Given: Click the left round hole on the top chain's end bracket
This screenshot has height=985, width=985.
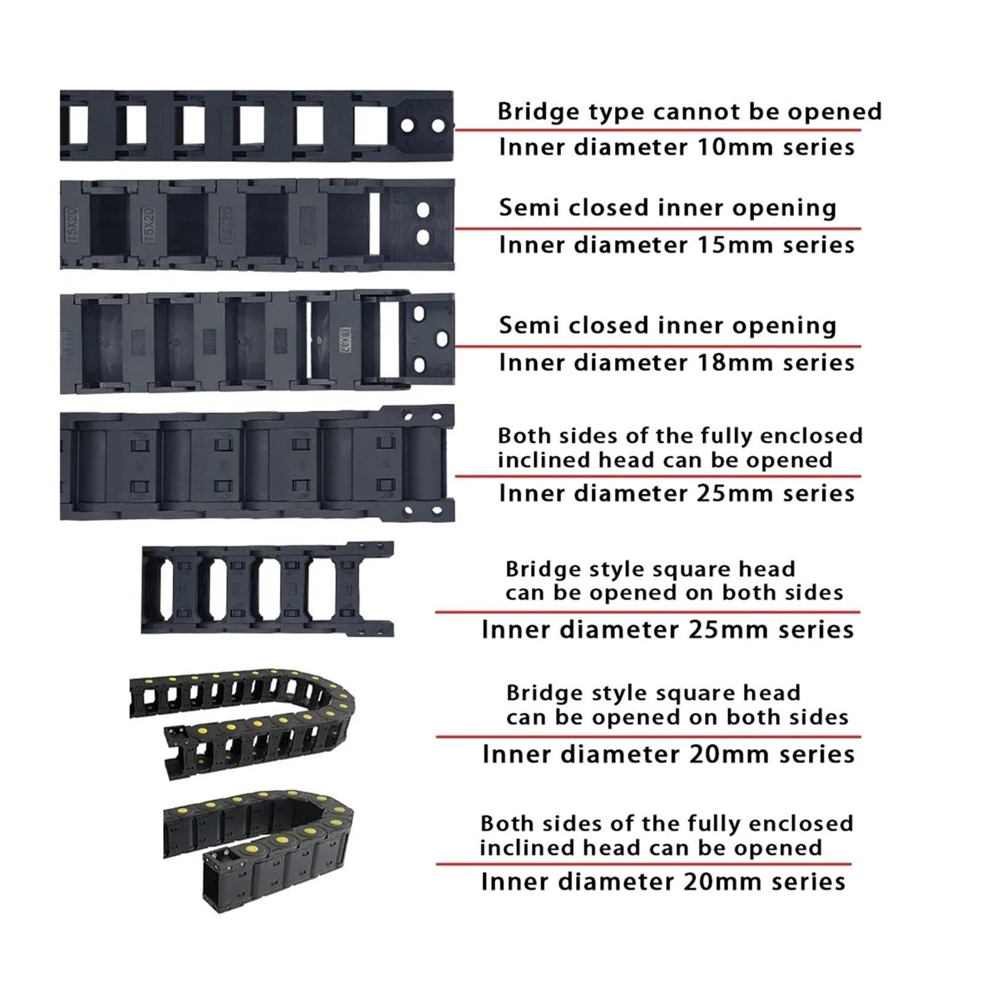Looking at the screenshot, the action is [x=407, y=126].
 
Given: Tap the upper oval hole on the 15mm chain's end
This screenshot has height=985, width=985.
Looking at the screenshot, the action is [x=423, y=209].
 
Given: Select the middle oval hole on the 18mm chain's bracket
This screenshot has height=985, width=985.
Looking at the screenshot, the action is [x=442, y=339].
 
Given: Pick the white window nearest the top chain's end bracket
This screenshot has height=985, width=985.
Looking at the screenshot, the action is [x=371, y=126].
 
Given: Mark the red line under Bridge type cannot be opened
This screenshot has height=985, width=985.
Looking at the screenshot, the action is [x=657, y=130].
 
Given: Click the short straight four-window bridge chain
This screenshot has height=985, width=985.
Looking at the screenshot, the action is [x=268, y=589].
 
